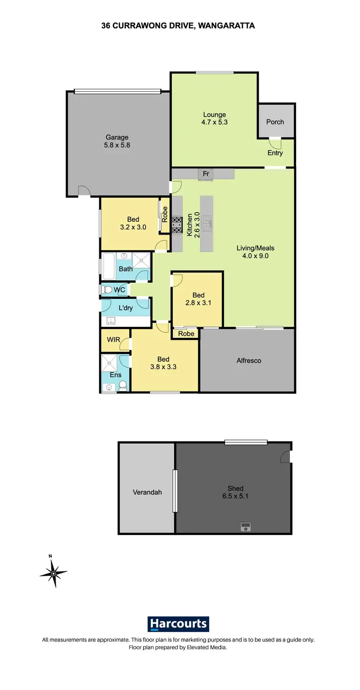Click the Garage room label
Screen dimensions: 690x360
117,141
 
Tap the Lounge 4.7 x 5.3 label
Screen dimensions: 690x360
215,118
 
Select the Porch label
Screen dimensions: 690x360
275,122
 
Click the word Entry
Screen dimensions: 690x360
275,153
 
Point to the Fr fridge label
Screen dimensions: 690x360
206,174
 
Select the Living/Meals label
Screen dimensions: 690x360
255,252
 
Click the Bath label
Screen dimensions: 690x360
126,269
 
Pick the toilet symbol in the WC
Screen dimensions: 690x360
107,290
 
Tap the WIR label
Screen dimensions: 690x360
114,340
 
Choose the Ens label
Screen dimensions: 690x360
116,375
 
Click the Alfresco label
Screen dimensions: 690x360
249,360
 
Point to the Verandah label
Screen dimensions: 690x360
147,492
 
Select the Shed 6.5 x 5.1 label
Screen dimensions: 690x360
236,492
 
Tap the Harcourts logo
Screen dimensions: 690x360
178,624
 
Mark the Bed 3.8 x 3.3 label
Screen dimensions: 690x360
163,363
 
